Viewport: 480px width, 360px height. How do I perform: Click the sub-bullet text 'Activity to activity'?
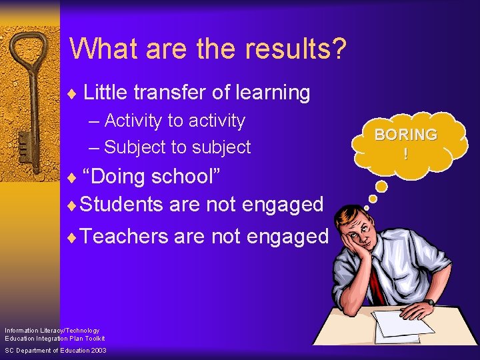[x=175, y=121]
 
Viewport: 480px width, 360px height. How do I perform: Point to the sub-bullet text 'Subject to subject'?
[x=177, y=147]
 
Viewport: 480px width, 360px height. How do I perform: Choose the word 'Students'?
[x=121, y=204]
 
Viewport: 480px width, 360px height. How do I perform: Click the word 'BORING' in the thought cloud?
[x=405, y=135]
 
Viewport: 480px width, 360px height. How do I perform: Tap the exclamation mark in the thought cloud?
[x=405, y=153]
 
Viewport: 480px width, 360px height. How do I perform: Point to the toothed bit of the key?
[x=23, y=143]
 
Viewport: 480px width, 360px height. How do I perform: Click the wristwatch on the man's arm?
[x=431, y=303]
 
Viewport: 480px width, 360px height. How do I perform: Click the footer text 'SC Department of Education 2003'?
[x=55, y=351]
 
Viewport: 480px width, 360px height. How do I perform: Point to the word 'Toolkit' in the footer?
[x=93, y=339]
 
